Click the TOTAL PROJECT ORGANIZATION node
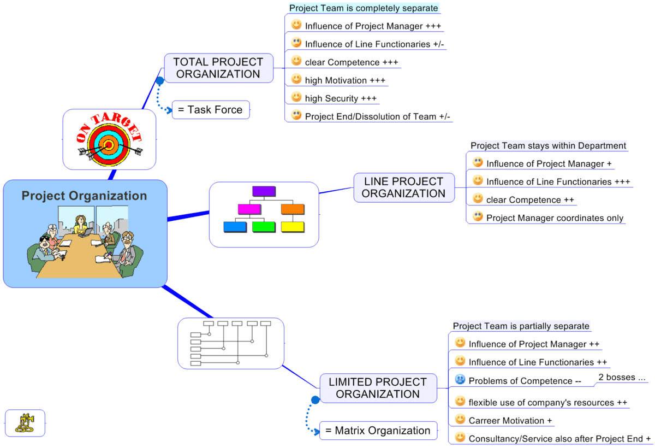[x=218, y=68]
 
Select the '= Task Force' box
[x=210, y=110]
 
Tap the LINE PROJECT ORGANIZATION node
[x=404, y=187]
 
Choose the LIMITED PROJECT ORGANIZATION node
[x=378, y=388]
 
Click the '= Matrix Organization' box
[x=378, y=431]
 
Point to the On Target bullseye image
[x=109, y=139]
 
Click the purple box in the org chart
[x=264, y=191]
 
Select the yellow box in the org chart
[x=293, y=226]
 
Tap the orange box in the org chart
[x=293, y=209]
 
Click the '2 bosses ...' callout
[x=622, y=377]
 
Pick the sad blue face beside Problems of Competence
[x=460, y=379]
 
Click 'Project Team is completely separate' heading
[x=364, y=8]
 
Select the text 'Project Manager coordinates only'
[x=555, y=218]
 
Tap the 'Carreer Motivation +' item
[x=510, y=421]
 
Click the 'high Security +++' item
[x=341, y=98]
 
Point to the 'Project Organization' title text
[x=85, y=196]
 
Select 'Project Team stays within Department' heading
[x=548, y=146]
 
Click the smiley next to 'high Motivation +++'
[x=296, y=79]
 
